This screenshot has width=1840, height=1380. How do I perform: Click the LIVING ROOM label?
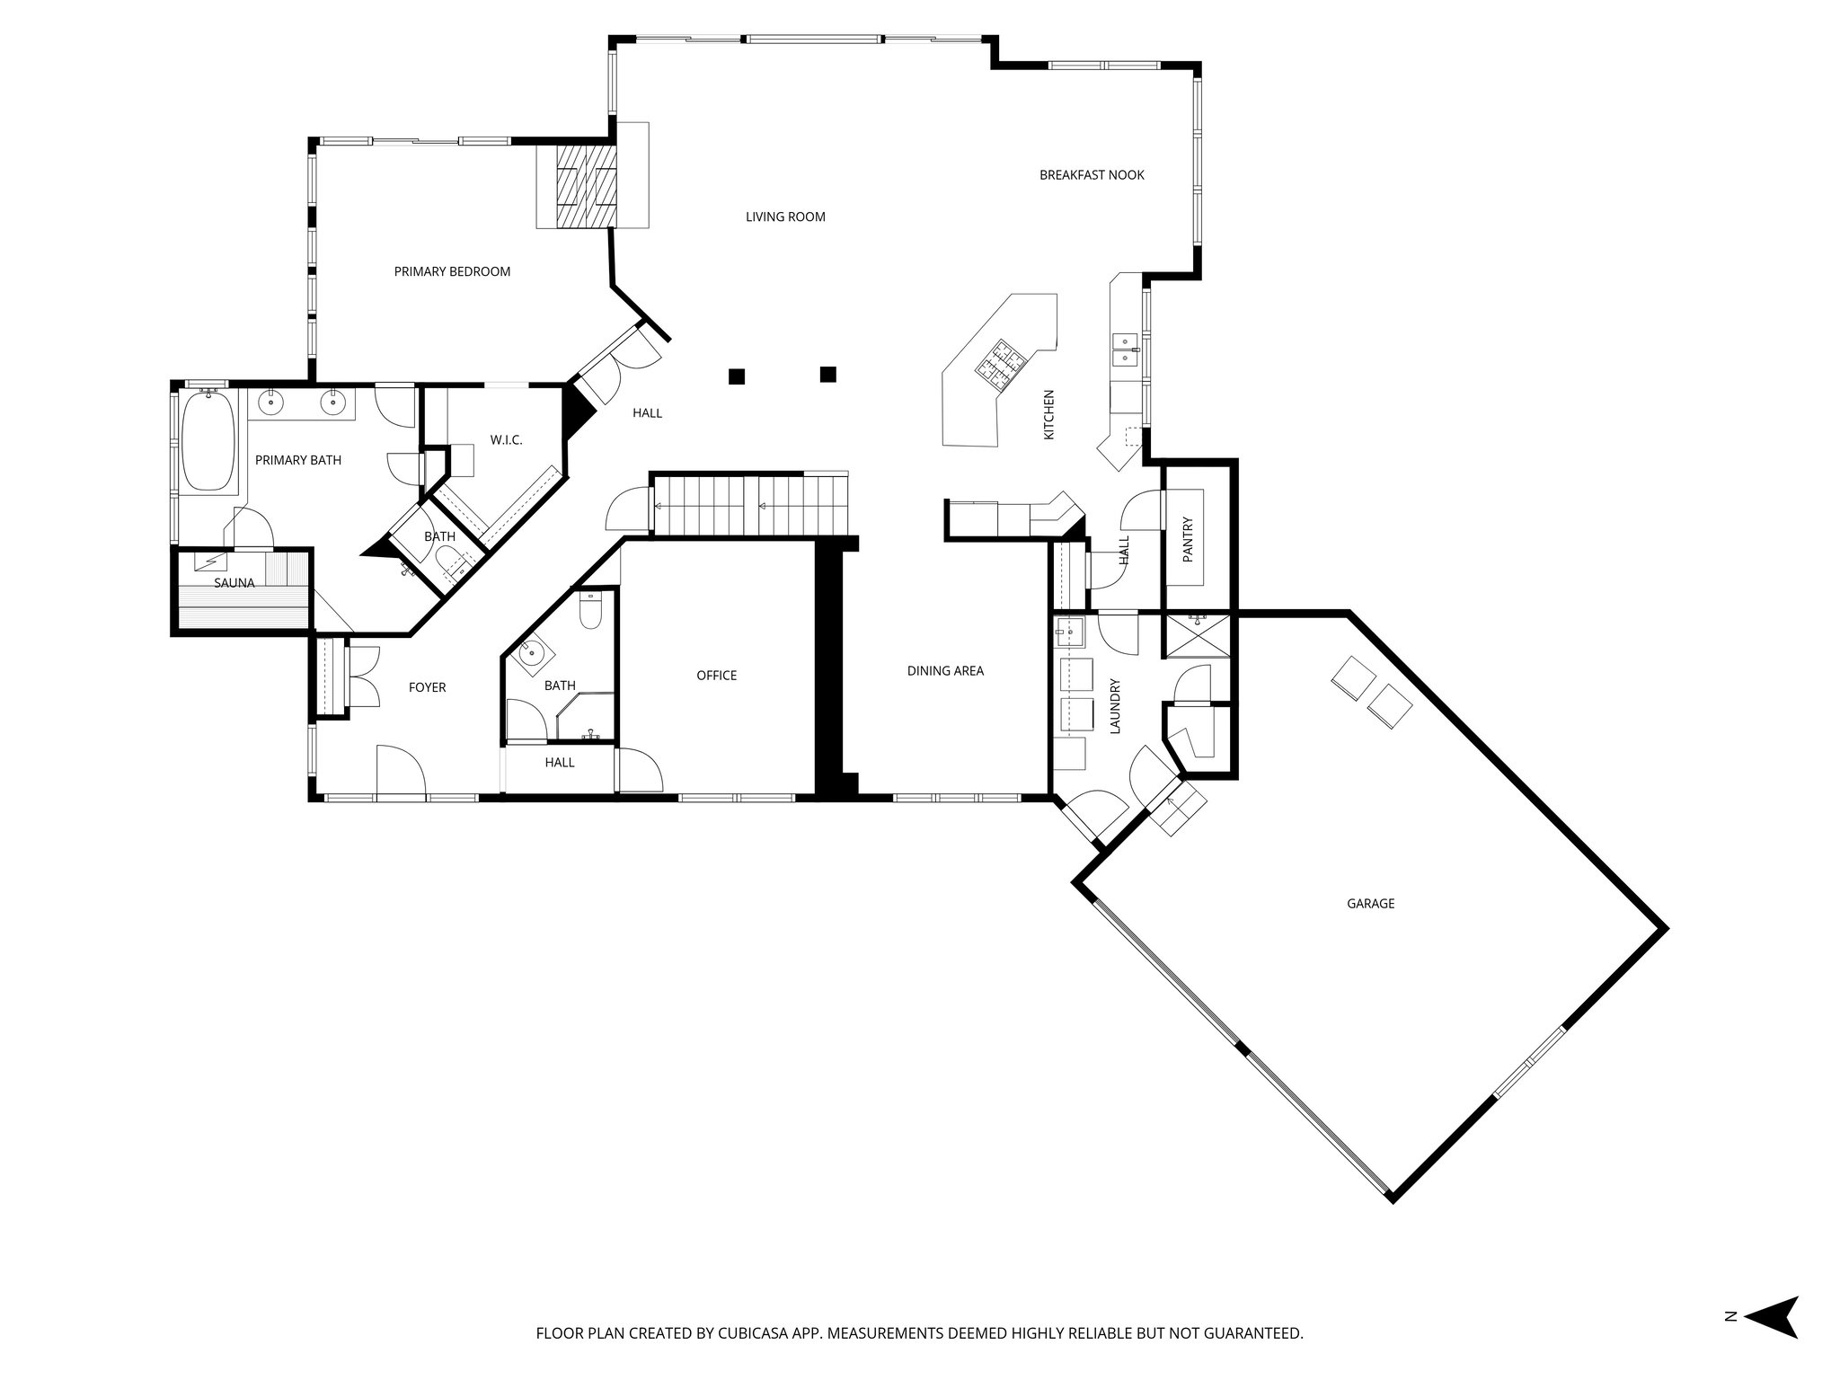784,217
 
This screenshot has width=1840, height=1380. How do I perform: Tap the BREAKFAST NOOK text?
1091,175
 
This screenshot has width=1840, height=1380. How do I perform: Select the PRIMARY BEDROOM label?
452,271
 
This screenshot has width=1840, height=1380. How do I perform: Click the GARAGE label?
1369,904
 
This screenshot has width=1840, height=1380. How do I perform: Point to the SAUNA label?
234,583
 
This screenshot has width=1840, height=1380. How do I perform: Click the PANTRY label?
1187,539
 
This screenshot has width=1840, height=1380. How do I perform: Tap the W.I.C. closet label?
506,440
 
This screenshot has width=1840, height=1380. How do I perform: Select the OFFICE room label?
716,676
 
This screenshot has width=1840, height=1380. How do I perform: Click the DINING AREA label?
944,670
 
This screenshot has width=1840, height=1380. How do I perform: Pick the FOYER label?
427,687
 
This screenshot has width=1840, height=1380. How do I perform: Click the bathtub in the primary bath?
208,442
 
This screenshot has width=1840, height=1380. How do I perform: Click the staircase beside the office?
749,505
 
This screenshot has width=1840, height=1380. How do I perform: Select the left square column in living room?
737,376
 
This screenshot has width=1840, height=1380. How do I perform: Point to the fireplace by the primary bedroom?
585,188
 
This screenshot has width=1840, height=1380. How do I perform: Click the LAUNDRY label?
1116,706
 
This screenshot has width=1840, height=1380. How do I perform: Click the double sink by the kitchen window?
1125,349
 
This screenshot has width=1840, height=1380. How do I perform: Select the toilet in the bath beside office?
591,614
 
